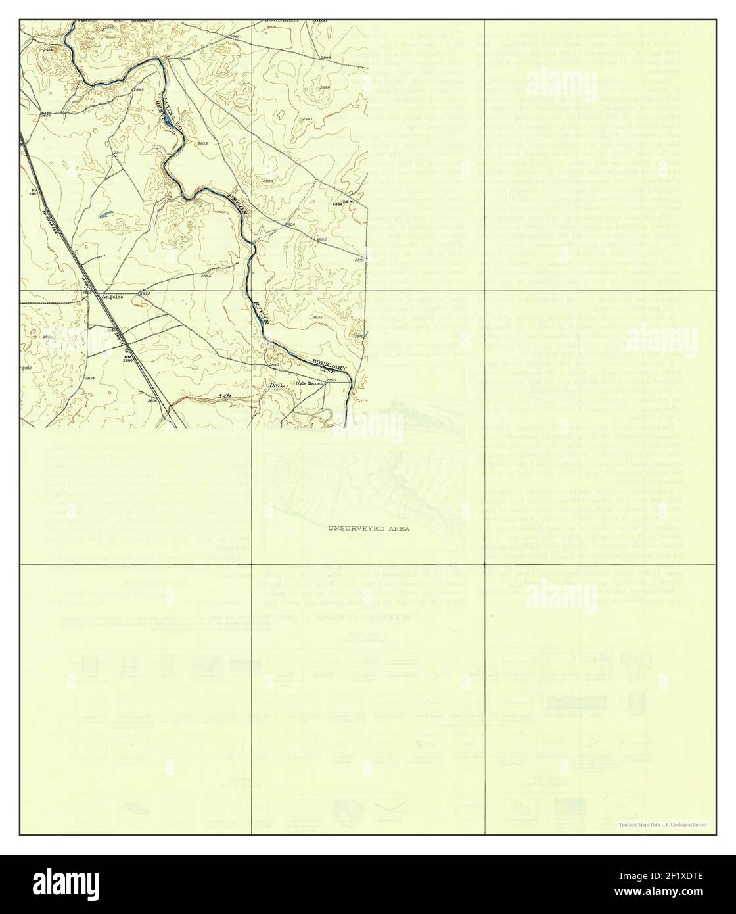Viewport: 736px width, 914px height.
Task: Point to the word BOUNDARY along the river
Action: [x=329, y=362]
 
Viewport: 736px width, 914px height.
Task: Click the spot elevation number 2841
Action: [x=118, y=153]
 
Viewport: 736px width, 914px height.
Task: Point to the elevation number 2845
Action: [x=139, y=89]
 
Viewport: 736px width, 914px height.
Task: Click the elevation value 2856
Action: [x=90, y=378]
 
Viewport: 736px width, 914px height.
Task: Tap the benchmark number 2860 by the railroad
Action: [x=127, y=360]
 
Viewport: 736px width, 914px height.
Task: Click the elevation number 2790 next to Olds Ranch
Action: [x=331, y=380]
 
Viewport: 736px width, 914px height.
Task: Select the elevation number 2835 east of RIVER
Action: [x=317, y=318]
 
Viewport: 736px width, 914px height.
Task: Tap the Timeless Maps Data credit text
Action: [x=662, y=824]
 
